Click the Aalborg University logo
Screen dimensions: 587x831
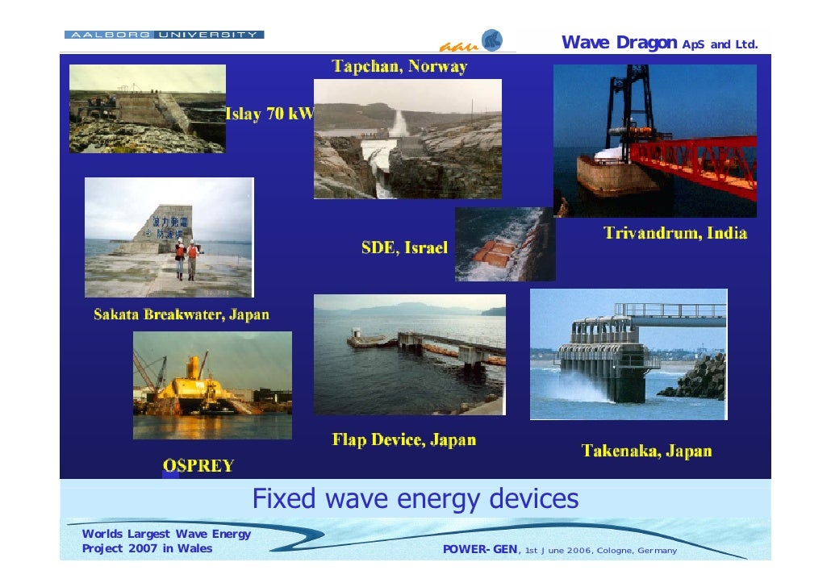coord(164,35)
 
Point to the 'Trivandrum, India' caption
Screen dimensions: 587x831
coord(675,234)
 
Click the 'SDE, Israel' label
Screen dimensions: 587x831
coord(404,248)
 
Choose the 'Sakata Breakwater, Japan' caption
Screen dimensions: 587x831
coord(182,314)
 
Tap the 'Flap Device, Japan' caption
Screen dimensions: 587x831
coord(404,440)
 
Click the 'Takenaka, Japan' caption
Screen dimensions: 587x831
coord(647,451)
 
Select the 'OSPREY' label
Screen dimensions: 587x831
coord(198,465)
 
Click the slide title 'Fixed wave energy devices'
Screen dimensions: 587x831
coord(415,499)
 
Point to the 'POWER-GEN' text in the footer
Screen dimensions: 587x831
coord(481,550)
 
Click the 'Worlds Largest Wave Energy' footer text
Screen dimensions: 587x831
coord(166,534)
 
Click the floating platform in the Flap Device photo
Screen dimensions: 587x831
coord(370,340)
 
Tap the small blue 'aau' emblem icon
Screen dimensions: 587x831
coord(491,40)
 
